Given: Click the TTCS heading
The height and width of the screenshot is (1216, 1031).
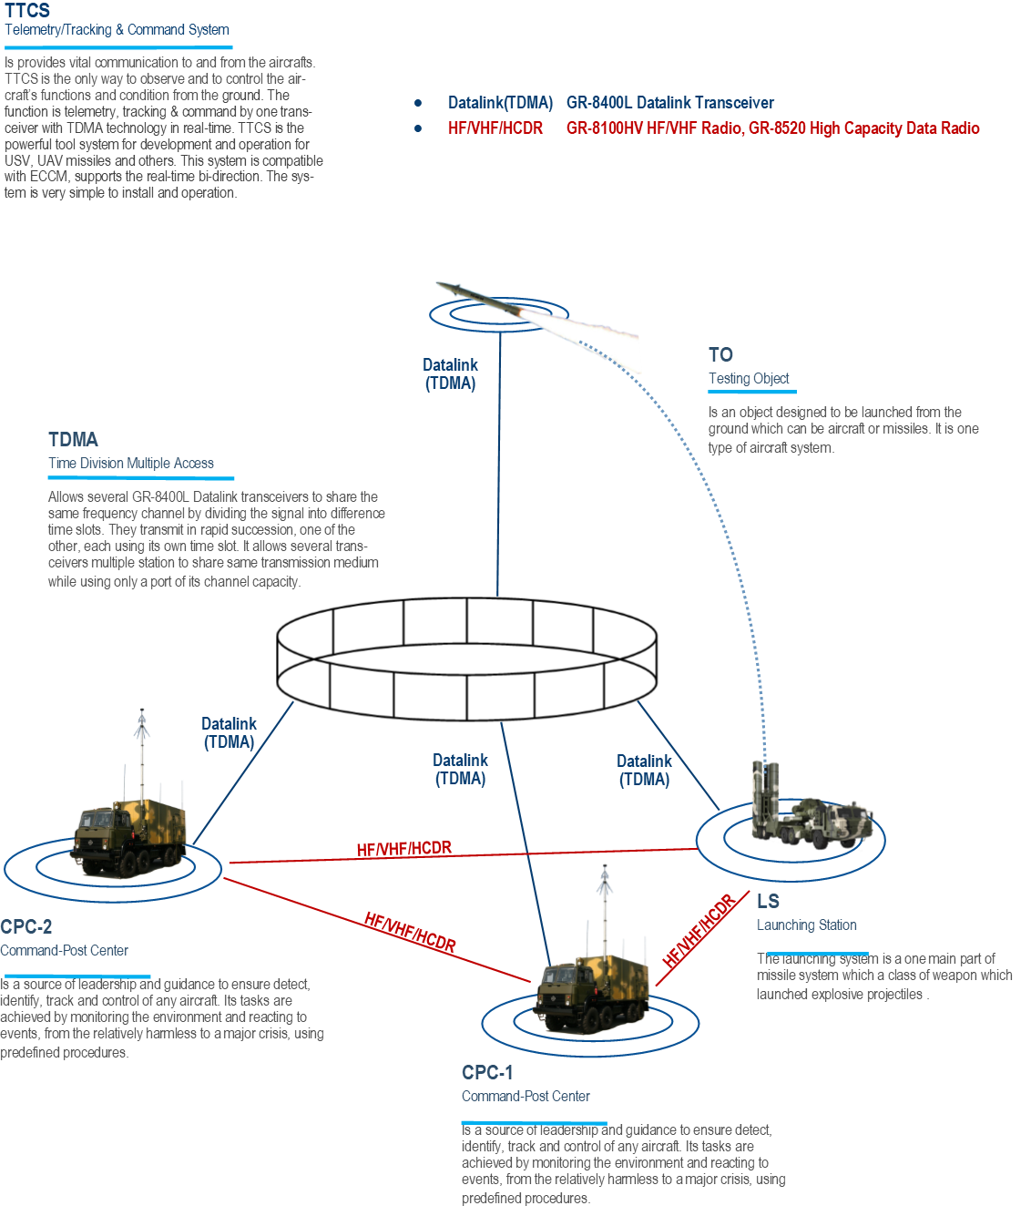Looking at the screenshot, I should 27,11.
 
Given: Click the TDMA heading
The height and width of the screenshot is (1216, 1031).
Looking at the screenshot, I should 73,439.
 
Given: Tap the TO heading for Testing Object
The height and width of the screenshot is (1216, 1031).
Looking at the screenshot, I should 720,354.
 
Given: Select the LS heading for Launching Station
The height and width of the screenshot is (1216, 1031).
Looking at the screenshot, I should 768,901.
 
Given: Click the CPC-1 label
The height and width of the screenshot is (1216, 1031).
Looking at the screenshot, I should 487,1072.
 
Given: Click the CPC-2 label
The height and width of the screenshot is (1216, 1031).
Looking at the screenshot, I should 26,926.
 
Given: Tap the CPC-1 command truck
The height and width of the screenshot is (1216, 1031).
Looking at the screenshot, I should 593,993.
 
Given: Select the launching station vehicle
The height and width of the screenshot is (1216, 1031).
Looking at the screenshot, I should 806,815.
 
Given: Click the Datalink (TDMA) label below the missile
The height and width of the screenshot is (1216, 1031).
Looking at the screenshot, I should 450,373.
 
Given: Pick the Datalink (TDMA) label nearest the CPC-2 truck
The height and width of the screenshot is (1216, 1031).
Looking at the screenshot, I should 229,732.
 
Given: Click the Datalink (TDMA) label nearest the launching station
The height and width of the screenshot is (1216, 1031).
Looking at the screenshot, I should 644,770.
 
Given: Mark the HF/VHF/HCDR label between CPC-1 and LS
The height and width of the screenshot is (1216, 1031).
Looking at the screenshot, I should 699,931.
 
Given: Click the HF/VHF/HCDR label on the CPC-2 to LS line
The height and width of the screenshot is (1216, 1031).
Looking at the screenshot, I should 403,849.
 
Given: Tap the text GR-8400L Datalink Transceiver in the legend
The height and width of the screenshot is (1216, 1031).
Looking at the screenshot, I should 669,103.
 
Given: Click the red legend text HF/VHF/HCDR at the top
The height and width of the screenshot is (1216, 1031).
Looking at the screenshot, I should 495,128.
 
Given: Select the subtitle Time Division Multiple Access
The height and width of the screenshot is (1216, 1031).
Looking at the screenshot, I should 131,463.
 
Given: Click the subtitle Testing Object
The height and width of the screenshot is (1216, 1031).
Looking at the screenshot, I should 749,378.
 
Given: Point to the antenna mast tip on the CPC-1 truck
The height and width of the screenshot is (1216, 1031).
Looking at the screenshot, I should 604,870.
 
